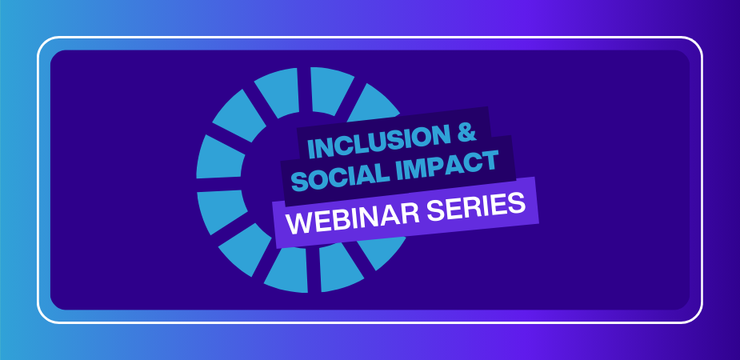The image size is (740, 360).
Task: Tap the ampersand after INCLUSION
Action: click(x=466, y=132)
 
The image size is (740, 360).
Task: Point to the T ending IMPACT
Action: click(x=490, y=161)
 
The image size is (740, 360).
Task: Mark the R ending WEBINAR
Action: click(x=410, y=213)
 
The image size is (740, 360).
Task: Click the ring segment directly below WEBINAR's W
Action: click(x=287, y=269)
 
